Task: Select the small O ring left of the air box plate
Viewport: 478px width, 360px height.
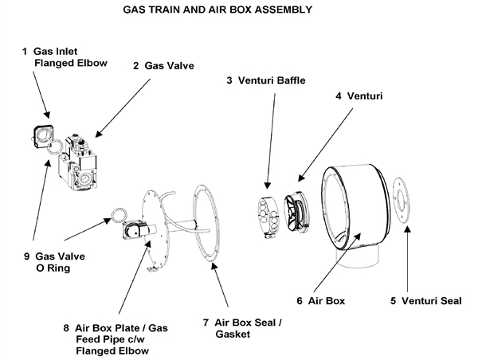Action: (x=117, y=214)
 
